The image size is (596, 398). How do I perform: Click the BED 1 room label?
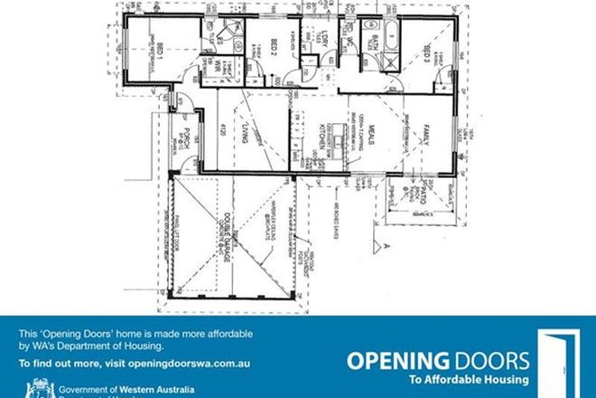tap(160, 51)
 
